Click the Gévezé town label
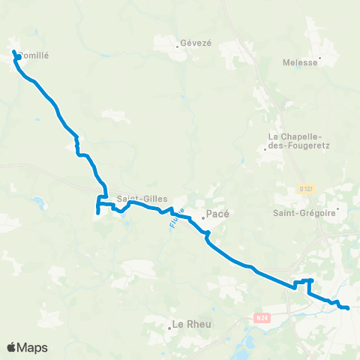pyautogui.click(x=197, y=44)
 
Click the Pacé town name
pyautogui.click(x=217, y=214)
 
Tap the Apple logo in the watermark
pyautogui.click(x=12, y=347)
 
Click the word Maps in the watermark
pyautogui.click(x=34, y=347)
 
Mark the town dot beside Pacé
pyautogui.click(x=202, y=218)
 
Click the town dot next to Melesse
pyautogui.click(x=320, y=58)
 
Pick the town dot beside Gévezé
pyautogui.click(x=177, y=45)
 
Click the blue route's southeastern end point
pyautogui.click(x=348, y=307)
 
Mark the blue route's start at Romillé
pyautogui.click(x=13, y=52)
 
